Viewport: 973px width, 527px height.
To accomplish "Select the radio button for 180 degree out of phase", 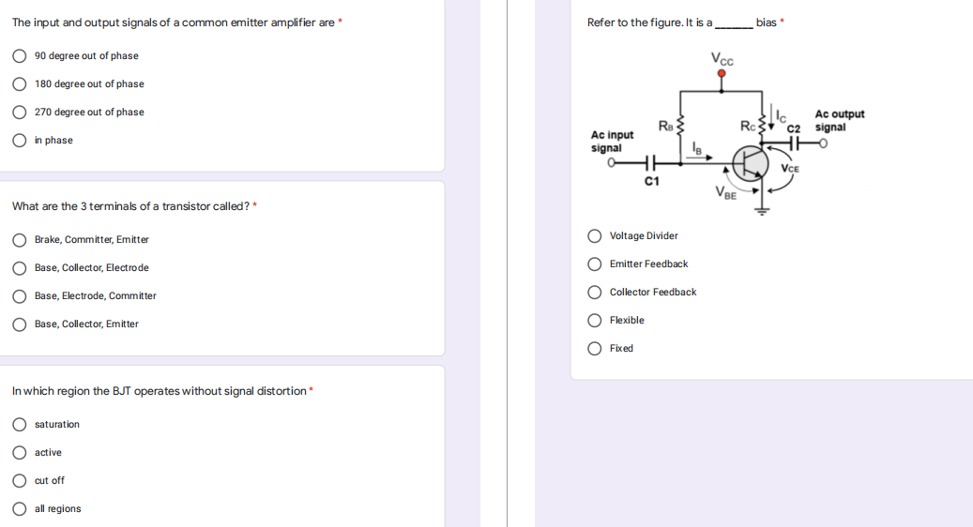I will click(x=19, y=84).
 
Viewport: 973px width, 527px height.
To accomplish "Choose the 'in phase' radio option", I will click(x=19, y=141).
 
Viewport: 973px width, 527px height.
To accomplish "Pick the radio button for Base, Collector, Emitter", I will click(x=19, y=324).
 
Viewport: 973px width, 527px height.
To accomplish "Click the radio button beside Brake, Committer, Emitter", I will click(x=19, y=240).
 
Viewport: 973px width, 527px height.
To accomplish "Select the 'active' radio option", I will click(x=19, y=453).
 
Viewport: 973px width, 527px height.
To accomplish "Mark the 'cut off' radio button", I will click(x=19, y=481).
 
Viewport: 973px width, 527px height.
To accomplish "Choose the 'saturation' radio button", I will click(x=19, y=425).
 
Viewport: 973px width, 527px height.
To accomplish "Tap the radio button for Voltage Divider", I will click(x=595, y=236).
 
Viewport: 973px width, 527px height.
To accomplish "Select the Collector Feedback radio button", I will click(x=595, y=293).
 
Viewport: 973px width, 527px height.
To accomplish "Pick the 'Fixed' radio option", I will click(x=595, y=349).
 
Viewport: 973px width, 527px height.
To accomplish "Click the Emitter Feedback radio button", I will click(x=595, y=264).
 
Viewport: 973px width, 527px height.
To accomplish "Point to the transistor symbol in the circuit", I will click(x=750, y=163).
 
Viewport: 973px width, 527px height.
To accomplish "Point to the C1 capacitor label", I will click(x=652, y=180).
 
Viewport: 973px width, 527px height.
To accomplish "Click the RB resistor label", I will click(x=664, y=125).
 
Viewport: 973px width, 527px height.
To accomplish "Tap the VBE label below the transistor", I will click(x=724, y=193).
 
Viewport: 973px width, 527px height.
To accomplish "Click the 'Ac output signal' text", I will click(x=839, y=121).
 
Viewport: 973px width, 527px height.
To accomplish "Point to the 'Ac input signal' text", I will click(x=612, y=142).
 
